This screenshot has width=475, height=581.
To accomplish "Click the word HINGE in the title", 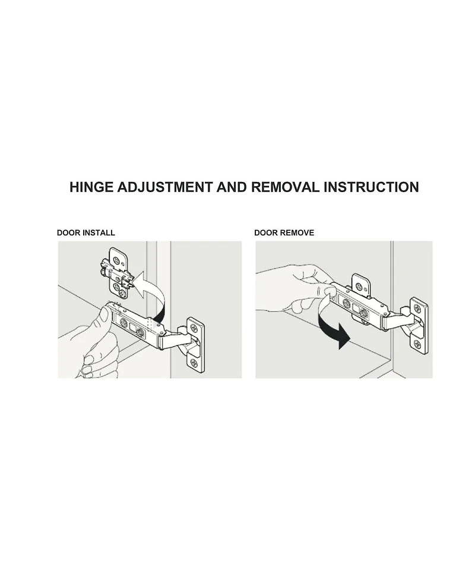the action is point(91,187).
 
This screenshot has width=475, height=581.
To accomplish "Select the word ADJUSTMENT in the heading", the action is point(166,187).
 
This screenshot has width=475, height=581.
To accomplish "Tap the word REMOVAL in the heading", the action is point(285,187).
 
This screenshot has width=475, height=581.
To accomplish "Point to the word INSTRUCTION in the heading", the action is point(371,187).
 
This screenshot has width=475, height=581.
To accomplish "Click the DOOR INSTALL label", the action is point(86,233).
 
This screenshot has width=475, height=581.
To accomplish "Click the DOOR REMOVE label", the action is point(284,233).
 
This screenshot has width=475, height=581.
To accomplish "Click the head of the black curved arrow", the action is point(343,338).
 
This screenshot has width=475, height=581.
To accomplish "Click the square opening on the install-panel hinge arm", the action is point(132,328).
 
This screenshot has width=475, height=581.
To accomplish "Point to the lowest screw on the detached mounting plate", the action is point(122,293).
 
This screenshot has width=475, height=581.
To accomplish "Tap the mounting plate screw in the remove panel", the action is point(360,287).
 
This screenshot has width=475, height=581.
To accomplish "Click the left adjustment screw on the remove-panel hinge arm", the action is point(347,303).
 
